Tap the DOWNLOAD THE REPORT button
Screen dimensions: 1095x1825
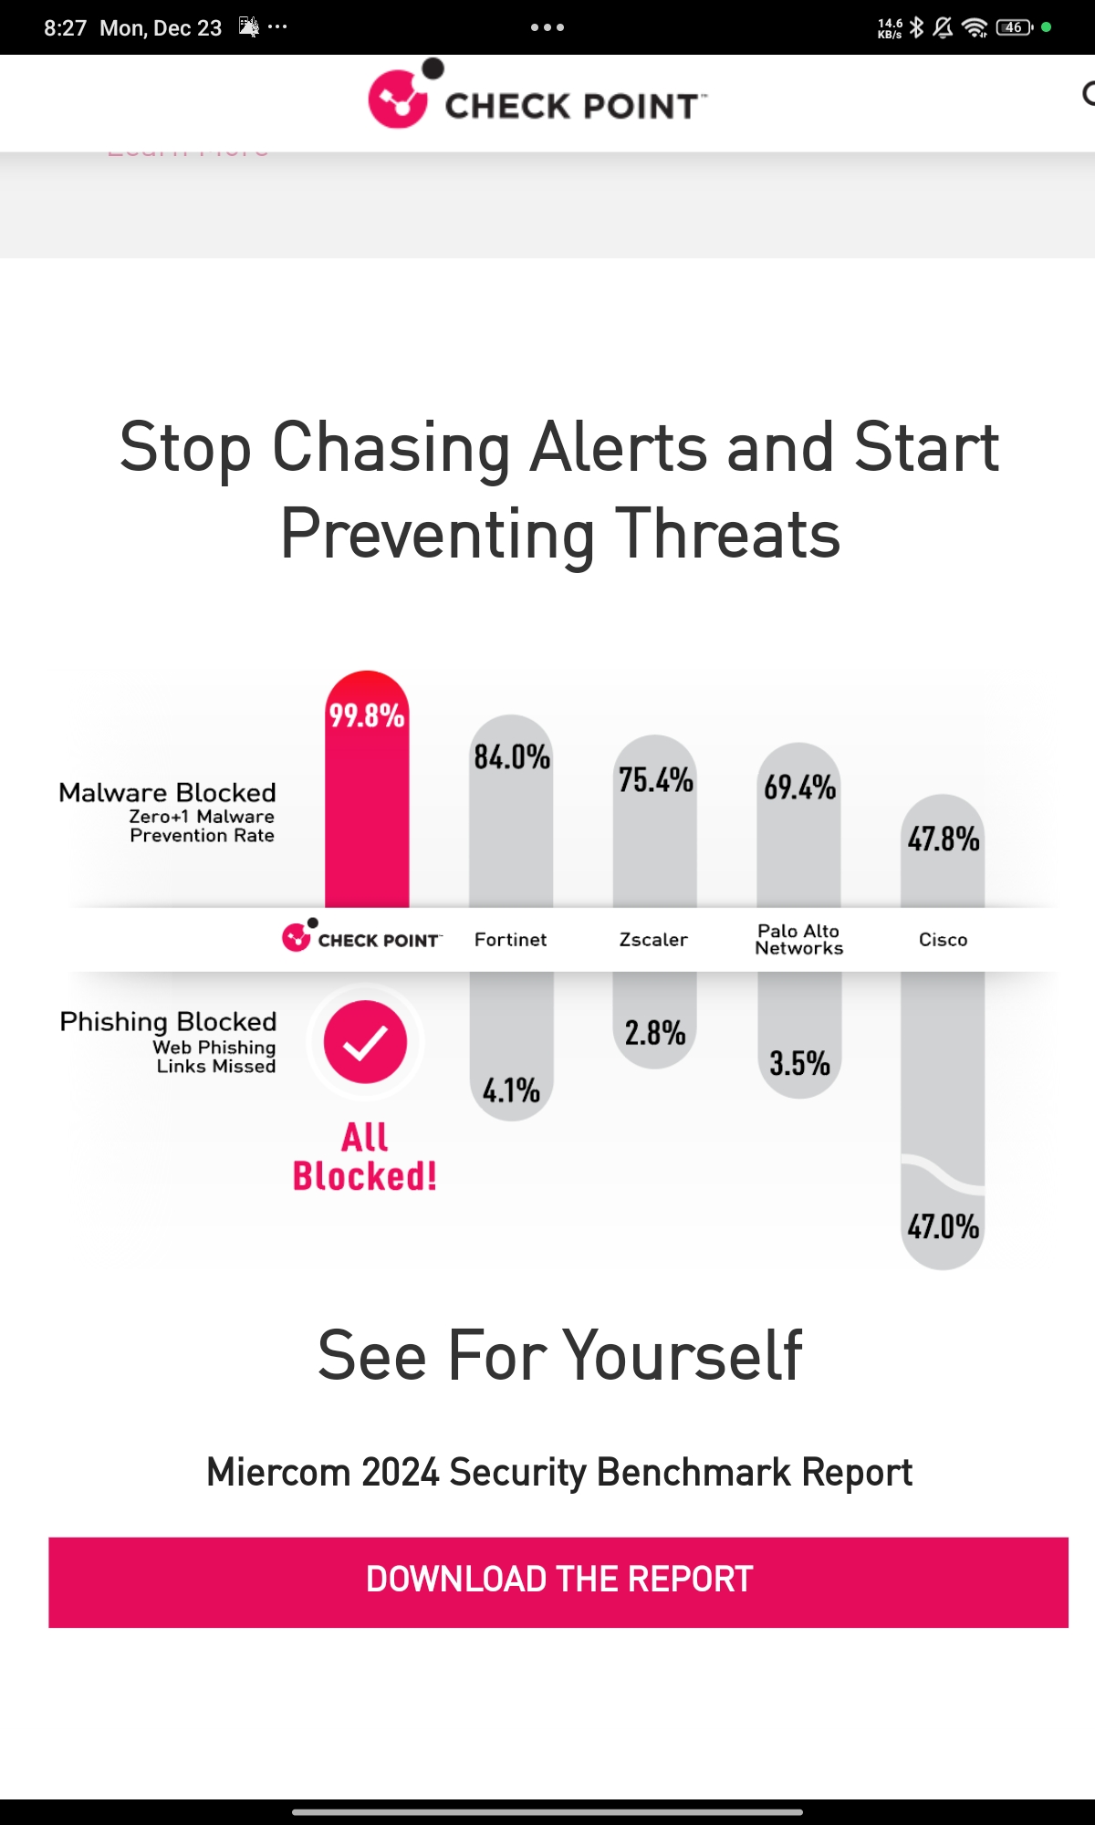558,1581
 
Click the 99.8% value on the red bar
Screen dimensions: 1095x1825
367,715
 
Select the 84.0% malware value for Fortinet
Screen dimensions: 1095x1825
512,756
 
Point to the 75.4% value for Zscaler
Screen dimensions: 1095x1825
656,780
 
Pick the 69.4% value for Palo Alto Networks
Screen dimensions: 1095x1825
799,787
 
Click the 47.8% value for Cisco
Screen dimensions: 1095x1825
944,839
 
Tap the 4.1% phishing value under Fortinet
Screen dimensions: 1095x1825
511,1090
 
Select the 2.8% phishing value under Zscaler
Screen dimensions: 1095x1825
655,1033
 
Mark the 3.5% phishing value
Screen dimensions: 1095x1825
799,1063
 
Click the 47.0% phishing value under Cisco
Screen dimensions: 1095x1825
944,1226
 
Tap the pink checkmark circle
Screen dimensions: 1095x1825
365,1042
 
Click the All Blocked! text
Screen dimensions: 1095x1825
365,1156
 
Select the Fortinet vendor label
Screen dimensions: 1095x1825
510,940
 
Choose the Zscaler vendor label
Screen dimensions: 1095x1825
653,940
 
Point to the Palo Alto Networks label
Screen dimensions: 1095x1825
799,940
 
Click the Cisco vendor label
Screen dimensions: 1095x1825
944,940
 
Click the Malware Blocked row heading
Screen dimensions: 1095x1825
167,792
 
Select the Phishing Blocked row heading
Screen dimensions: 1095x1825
168,1021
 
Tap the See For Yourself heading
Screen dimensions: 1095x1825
559,1355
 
